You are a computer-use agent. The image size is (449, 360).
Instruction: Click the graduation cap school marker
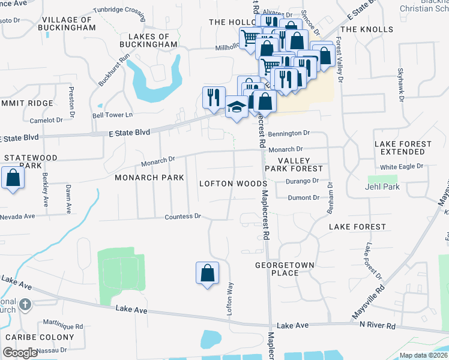(237, 108)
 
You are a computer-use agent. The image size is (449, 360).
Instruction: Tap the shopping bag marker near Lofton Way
(207, 273)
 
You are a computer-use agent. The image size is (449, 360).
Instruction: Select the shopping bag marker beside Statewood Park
(13, 178)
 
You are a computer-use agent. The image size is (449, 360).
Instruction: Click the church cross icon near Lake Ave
(25, 305)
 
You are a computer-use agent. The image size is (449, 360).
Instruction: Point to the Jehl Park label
(382, 187)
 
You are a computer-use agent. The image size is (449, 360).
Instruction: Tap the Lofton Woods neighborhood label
(232, 183)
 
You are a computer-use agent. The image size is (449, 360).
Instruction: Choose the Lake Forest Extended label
(403, 148)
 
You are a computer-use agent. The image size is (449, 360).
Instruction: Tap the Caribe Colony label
(40, 337)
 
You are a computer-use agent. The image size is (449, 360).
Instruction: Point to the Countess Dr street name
(183, 216)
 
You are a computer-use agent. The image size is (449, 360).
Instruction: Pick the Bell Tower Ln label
(112, 115)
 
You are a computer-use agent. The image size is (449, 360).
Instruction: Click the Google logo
(20, 353)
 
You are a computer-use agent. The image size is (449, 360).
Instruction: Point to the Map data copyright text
(424, 355)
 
